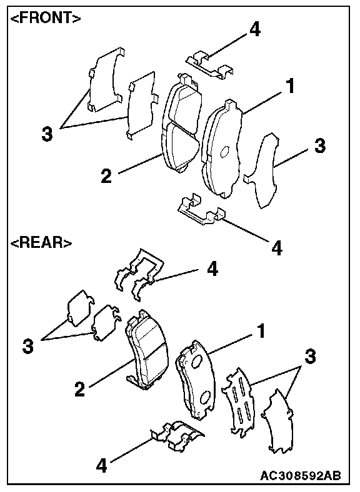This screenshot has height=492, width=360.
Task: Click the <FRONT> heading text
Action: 46,19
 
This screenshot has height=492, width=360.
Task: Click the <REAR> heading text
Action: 41,242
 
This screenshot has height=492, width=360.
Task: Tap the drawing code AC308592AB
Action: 301,475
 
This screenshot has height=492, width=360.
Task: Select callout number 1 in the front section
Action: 291,86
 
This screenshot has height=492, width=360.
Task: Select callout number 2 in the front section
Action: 106,176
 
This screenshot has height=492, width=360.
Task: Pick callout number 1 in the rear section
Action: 261,331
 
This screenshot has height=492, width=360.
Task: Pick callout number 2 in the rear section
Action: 80,389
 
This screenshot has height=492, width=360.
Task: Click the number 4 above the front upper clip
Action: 255,30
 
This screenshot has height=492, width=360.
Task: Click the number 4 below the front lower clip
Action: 276,248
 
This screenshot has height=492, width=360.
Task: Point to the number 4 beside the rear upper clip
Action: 212,269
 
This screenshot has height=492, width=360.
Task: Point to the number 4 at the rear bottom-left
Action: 101,465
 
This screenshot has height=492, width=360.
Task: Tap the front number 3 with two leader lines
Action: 47,134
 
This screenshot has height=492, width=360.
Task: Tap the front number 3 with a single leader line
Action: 320,145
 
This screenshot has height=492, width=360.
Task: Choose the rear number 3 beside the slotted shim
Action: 310,357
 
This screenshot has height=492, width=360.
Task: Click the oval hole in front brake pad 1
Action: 224,152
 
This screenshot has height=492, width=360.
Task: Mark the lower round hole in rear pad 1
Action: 205,398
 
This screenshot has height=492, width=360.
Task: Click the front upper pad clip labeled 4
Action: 209,66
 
